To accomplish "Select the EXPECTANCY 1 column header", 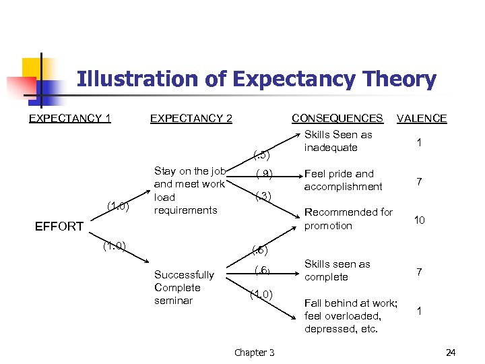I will (70, 119).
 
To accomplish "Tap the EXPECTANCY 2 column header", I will (191, 119).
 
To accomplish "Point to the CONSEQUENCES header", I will (337, 118).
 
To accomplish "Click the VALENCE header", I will (422, 119).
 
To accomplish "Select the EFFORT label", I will (59, 226).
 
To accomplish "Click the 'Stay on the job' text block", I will (189, 190).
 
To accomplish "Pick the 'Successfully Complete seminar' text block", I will (184, 287).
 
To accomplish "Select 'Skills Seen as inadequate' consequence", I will (338, 141).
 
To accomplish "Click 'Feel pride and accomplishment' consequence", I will (343, 180).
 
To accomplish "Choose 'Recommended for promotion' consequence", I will (348, 219).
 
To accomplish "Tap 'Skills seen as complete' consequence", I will (337, 270).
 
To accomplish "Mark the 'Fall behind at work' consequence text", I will (351, 315).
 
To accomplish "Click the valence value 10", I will (419, 220).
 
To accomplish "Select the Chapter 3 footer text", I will (254, 353).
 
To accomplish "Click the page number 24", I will (451, 353).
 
